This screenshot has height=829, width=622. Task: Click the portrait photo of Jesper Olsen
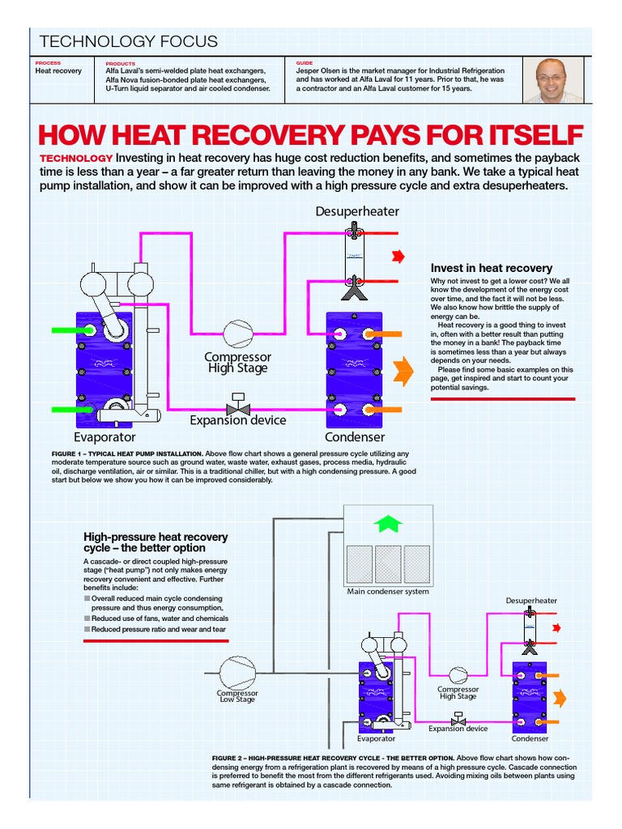[560, 79]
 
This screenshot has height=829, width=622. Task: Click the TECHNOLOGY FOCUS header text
[129, 42]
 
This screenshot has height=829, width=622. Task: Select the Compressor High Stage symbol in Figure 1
[237, 333]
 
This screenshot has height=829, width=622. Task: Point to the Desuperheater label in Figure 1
[357, 211]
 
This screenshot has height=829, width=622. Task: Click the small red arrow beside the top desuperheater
[398, 257]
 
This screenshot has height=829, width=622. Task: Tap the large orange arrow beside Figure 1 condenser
[403, 372]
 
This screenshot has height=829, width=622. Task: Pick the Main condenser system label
[388, 591]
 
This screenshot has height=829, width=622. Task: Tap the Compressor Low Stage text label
[237, 696]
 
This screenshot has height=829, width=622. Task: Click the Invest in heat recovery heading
[492, 268]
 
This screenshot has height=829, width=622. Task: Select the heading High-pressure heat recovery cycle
[156, 542]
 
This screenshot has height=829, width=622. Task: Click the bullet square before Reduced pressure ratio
[87, 629]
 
